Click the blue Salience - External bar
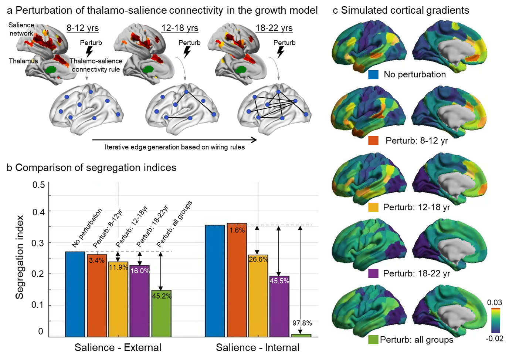pos(75,294)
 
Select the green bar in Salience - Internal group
pos(301,335)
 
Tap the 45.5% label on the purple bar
pos(279,281)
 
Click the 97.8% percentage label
pos(302,323)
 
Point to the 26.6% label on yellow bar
pos(258,259)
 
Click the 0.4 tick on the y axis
pos(38,212)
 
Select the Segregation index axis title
pos(20,257)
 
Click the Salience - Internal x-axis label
pos(258,347)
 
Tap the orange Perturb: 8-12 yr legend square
pos(373,141)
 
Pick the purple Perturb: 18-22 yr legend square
pos(373,273)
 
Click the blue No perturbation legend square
pos(373,74)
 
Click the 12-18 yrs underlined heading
pos(180,28)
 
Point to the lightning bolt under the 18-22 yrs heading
pos(281,52)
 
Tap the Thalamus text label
pos(23,61)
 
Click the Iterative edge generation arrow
pos(174,140)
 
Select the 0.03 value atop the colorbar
pos(494,303)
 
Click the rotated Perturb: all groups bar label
pos(174,224)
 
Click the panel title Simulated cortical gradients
pos(405,10)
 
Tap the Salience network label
pos(21,29)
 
